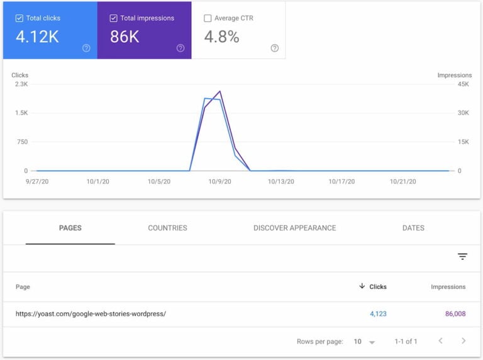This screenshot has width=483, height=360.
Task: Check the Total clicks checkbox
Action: click(19, 18)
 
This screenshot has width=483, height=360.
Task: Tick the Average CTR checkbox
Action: click(208, 18)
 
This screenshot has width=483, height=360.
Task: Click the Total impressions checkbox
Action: click(113, 18)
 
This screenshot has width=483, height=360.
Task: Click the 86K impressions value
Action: click(125, 37)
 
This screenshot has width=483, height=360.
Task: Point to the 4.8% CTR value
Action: click(221, 37)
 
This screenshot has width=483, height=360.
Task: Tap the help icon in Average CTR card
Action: click(274, 48)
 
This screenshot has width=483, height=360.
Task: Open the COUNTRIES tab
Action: click(167, 228)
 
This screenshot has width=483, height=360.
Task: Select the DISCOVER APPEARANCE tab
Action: click(294, 228)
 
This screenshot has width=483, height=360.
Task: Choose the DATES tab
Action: click(413, 228)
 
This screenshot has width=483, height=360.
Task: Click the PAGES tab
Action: click(70, 228)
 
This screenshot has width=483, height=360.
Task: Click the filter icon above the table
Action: click(462, 256)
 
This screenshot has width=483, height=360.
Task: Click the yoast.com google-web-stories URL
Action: click(91, 314)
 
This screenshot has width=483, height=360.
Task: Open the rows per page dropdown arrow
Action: click(372, 342)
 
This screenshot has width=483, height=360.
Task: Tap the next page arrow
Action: click(464, 341)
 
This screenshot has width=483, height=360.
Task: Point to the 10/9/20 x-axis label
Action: click(219, 182)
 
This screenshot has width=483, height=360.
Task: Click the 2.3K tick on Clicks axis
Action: click(20, 84)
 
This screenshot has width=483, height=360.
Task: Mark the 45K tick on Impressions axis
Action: click(463, 84)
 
